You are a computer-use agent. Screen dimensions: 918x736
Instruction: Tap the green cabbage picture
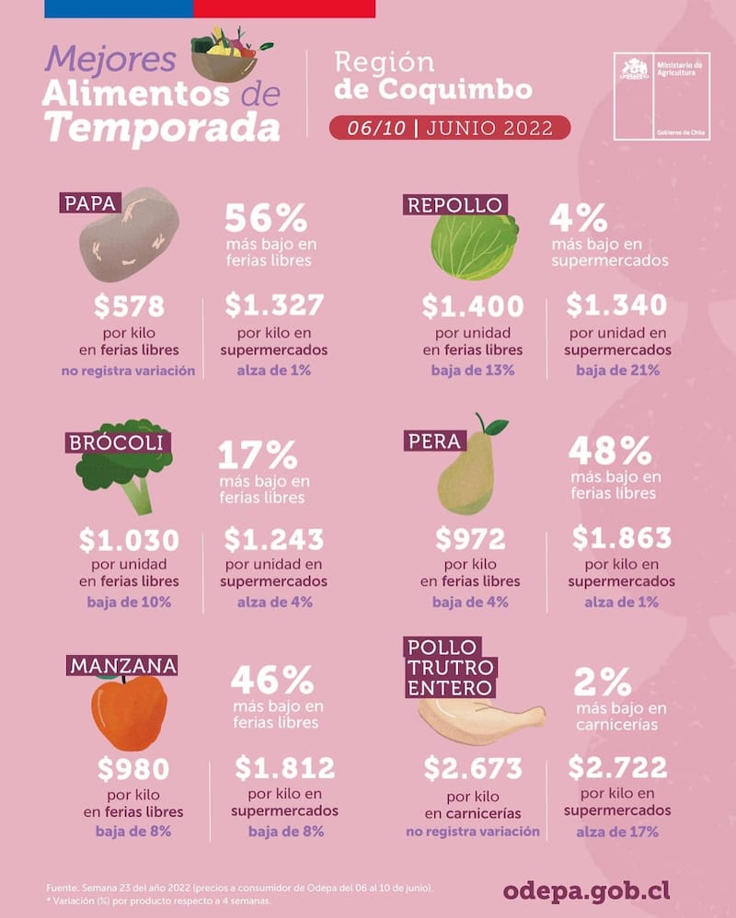click(x=474, y=243)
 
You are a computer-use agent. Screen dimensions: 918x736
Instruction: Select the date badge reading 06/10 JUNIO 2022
click(x=449, y=127)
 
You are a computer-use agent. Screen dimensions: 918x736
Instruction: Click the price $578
click(x=130, y=306)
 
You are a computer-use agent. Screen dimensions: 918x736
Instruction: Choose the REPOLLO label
click(x=454, y=204)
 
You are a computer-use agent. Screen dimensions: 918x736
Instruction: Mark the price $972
click(x=470, y=538)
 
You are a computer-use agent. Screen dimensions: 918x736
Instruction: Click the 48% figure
click(x=610, y=452)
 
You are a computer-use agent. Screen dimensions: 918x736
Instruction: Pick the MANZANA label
click(x=121, y=664)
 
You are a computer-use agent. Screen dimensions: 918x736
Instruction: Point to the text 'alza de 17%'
click(x=616, y=832)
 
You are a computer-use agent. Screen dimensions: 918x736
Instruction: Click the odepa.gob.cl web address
click(x=586, y=889)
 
